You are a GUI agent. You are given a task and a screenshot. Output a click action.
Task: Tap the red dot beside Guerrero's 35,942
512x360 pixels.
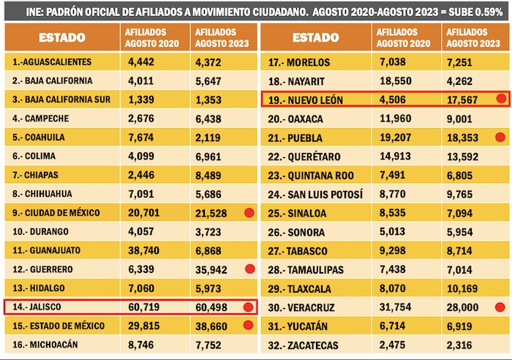pos(248,269)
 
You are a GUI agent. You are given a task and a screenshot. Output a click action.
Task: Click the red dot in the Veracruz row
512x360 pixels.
pos(500,307)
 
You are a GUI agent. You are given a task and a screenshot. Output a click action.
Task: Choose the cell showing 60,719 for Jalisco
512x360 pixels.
pos(142,307)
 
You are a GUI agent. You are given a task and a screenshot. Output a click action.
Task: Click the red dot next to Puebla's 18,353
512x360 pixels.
pos(500,137)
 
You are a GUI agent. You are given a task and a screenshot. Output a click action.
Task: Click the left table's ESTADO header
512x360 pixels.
pos(61,37)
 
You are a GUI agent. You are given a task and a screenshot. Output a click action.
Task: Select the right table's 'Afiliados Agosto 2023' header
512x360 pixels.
pos(468,37)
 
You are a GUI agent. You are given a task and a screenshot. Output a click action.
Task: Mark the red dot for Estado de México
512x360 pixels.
pos(248,326)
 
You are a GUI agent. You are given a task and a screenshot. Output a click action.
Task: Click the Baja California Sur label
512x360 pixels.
pos(61,99)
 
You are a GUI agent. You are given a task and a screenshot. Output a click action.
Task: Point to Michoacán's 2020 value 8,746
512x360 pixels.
pos(139,345)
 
